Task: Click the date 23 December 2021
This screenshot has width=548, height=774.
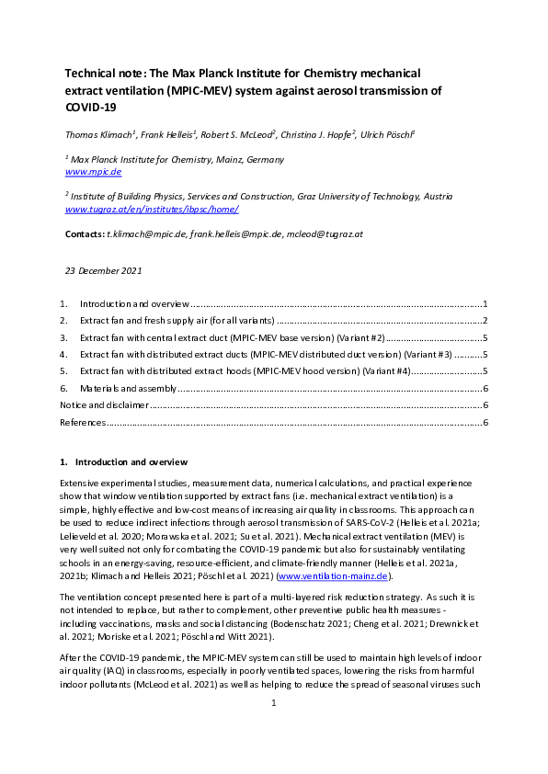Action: click(103, 271)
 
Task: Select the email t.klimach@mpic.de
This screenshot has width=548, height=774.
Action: click(145, 234)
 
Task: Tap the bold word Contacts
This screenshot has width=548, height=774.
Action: click(85, 234)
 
